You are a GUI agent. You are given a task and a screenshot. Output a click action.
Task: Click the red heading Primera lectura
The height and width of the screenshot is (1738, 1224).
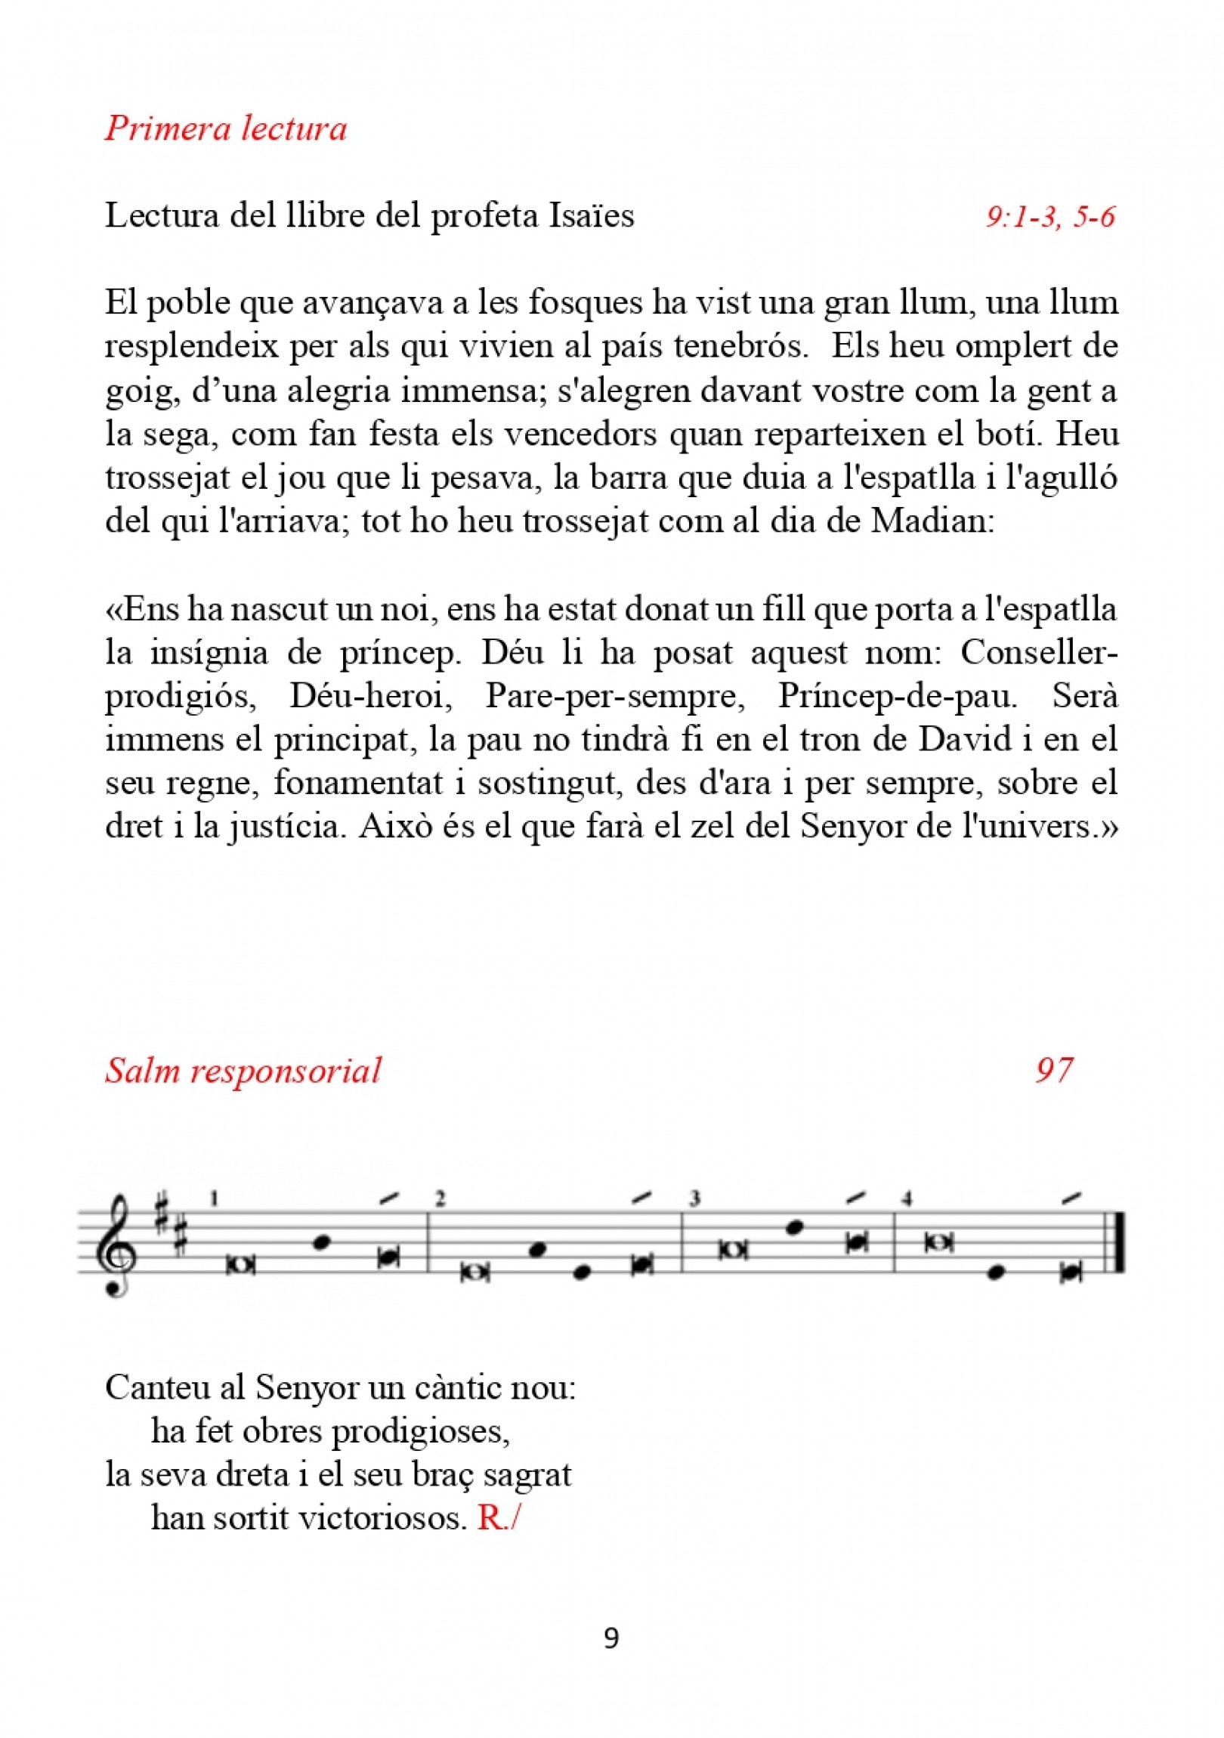coord(226,128)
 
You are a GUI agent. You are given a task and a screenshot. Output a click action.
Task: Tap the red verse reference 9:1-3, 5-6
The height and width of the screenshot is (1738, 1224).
coord(1050,218)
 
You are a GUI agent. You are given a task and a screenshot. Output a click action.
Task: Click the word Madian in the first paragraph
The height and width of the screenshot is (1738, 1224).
coord(930,521)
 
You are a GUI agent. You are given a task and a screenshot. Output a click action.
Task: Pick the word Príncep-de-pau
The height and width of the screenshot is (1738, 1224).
coord(898,696)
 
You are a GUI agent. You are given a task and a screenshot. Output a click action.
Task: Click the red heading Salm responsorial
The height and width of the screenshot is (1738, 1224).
coord(243,1071)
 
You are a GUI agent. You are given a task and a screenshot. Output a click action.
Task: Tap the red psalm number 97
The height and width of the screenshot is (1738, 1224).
coord(1054,1070)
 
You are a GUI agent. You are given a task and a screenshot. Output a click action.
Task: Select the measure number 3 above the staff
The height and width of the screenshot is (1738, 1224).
coord(694,1198)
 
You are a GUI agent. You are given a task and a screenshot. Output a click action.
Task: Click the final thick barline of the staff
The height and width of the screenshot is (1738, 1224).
coord(1119,1242)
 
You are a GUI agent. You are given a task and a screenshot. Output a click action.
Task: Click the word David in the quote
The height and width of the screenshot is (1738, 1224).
coord(965,739)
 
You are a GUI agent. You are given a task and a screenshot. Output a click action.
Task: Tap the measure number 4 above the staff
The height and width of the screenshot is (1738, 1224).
coord(907,1198)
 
